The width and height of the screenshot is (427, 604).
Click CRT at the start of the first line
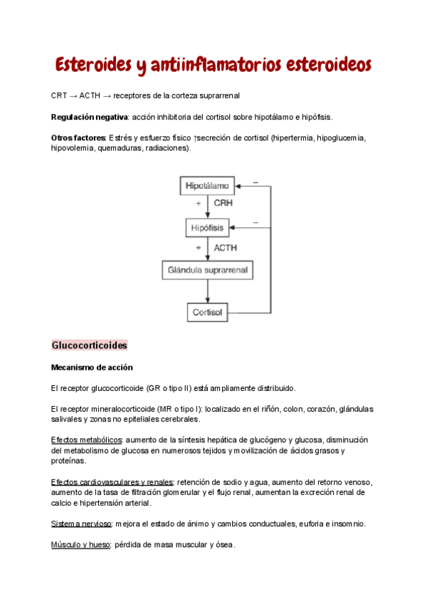pos(59,95)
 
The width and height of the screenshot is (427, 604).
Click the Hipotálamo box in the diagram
pos(207,186)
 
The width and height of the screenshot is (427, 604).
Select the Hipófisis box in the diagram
pos(207,228)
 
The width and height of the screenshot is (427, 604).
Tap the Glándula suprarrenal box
pos(207,271)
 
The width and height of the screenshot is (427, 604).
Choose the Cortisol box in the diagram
pos(207,312)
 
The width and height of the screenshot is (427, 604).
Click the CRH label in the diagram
pos(224,204)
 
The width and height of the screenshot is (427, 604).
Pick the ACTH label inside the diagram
pos(226,248)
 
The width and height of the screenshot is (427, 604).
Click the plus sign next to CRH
pos(199,204)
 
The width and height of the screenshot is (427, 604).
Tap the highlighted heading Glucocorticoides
pos(89,345)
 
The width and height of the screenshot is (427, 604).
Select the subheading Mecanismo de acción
pos(92,368)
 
